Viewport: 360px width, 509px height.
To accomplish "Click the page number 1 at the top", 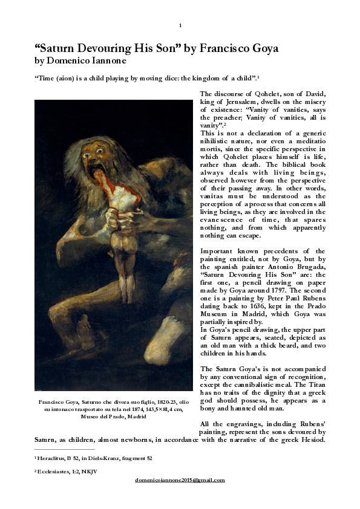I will click(180, 25).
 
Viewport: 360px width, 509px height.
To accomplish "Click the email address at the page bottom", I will click(180, 480).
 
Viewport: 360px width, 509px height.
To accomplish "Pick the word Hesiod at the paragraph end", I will click(313, 440).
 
